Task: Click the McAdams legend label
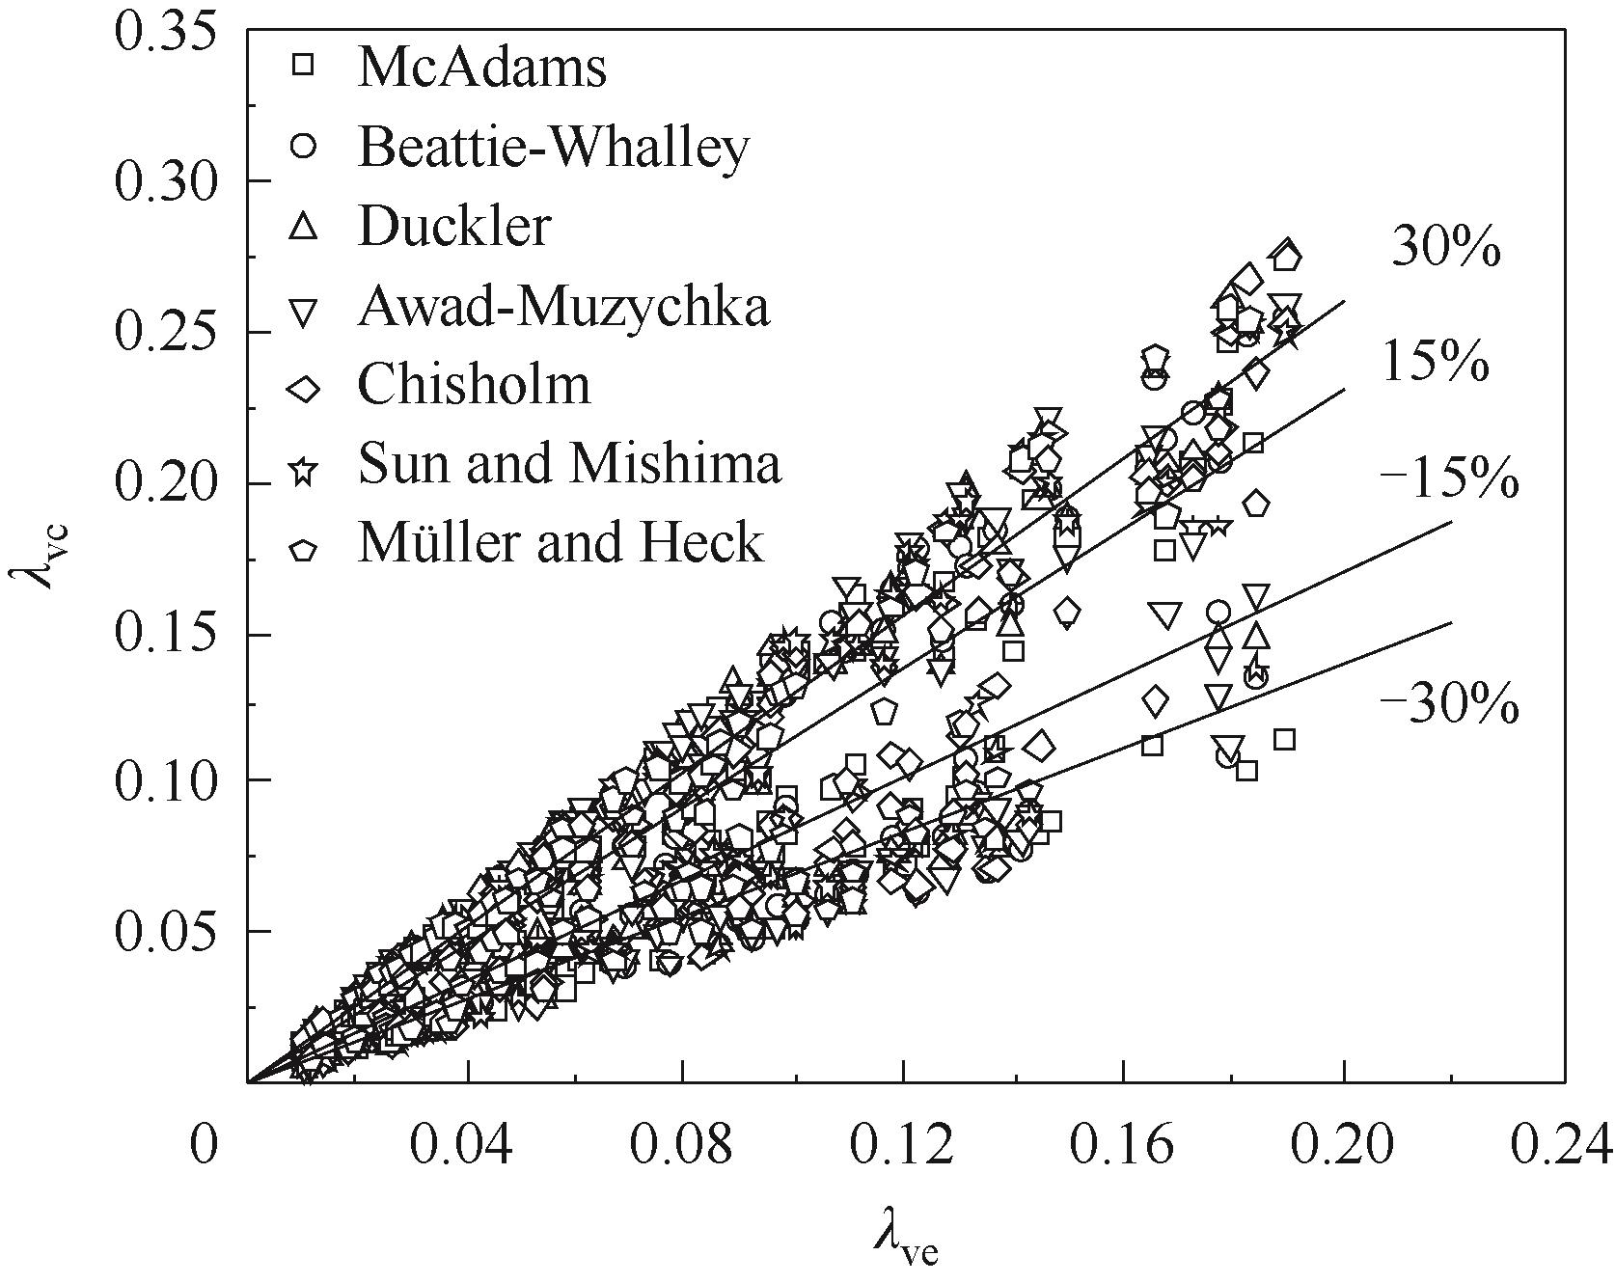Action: point(481,68)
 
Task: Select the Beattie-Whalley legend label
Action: point(553,148)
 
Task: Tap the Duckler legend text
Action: point(454,228)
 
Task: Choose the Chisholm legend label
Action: point(474,385)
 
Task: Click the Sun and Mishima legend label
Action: point(569,464)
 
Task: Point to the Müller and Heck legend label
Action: point(561,543)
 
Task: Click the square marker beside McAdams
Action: point(304,66)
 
